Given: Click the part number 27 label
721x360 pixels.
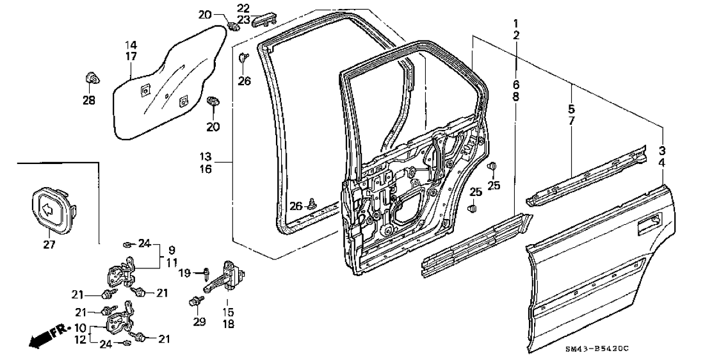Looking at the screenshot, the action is coord(49,245).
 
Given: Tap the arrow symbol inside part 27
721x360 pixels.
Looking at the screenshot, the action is coord(47,210).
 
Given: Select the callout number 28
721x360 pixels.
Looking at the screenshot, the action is coord(89,100).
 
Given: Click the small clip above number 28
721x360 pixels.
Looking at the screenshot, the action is coord(92,79).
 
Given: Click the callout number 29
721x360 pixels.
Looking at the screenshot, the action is coord(199,322).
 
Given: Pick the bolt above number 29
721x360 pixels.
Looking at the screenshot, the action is coord(195,302).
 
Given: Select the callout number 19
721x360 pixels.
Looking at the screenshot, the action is coord(184,274).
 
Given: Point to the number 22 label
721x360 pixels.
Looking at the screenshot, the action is coord(244,8).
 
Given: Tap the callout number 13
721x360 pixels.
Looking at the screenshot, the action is coord(206,157).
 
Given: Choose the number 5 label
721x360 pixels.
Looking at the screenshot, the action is coord(572,110).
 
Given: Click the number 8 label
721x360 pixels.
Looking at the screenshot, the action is coord(516,97).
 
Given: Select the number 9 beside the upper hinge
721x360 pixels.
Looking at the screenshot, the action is coord(171,251).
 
